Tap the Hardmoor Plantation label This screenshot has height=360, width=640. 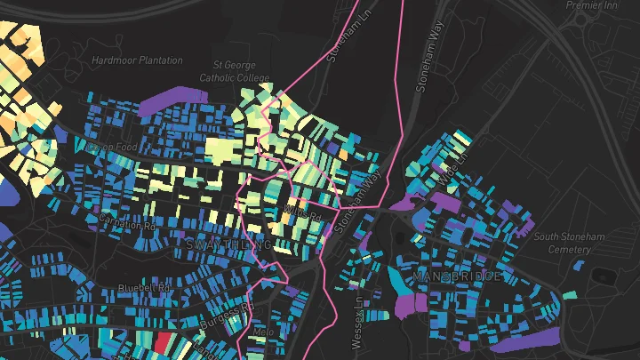point(137,60)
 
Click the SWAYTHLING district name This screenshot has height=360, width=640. point(227,244)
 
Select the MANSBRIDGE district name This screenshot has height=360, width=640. point(457,278)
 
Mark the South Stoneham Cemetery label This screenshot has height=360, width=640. point(564,243)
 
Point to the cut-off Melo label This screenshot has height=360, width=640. point(262,332)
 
